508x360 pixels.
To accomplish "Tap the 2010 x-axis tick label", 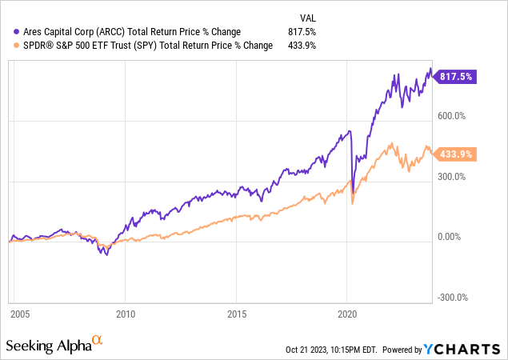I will click(126, 314).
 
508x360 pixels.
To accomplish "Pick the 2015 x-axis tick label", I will click(236, 314).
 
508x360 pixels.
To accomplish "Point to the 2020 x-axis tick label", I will click(347, 314).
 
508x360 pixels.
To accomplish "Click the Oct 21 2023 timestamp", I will click(330, 350).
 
